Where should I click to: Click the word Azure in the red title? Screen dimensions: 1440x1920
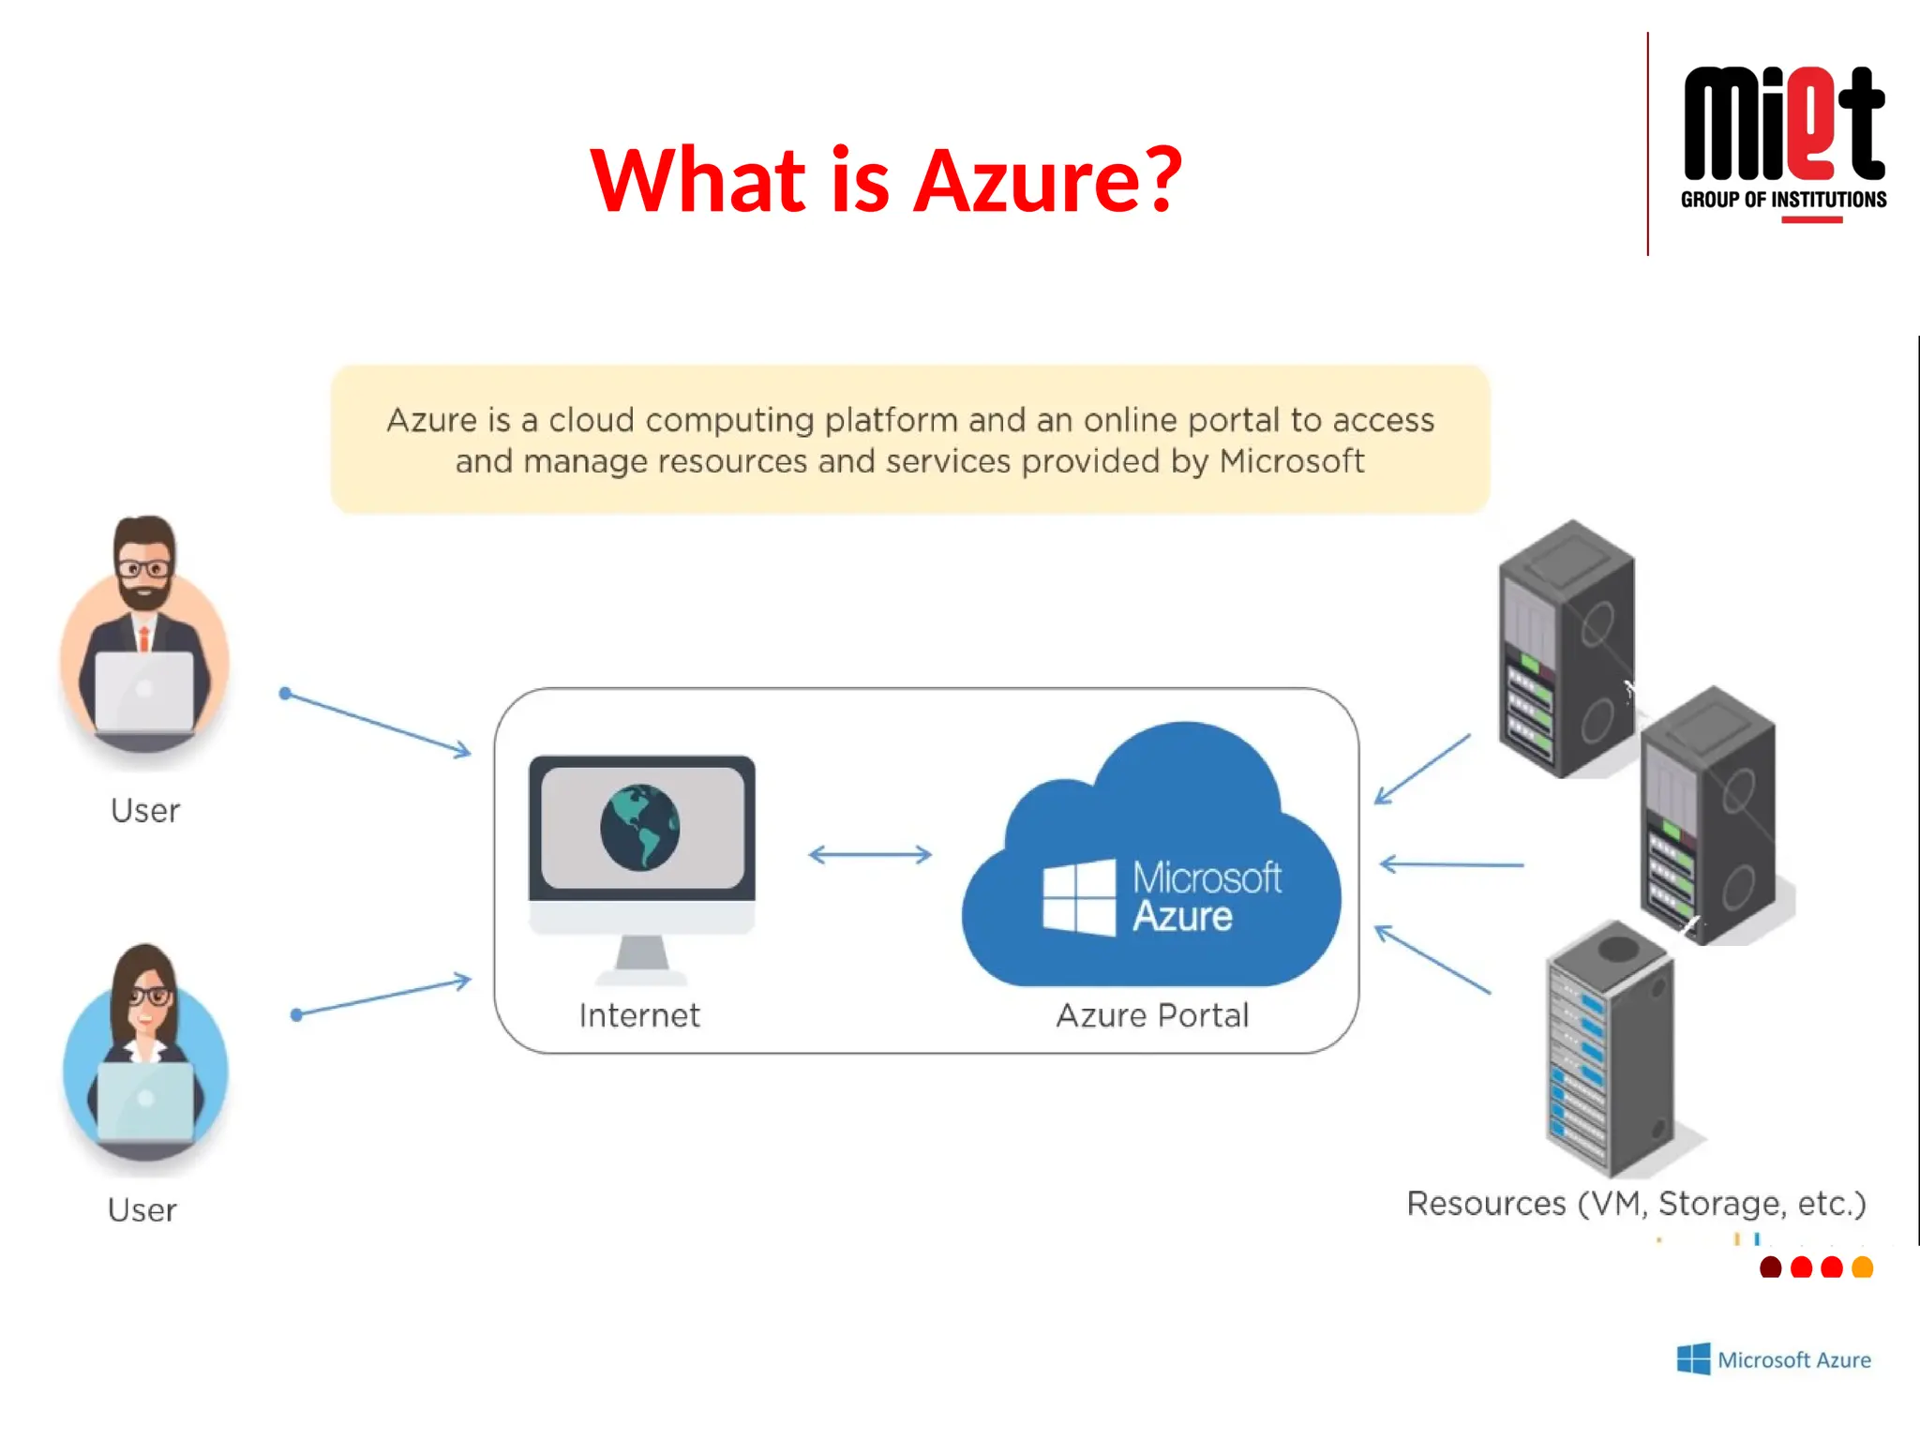click(1027, 180)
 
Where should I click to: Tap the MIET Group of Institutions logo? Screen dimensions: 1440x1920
click(1783, 141)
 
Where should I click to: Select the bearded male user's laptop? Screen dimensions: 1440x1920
click(144, 692)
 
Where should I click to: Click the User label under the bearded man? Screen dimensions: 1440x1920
click(144, 811)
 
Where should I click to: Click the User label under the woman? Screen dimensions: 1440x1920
click(142, 1210)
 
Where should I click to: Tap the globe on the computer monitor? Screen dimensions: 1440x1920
click(640, 827)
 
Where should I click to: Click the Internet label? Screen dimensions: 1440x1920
click(639, 1015)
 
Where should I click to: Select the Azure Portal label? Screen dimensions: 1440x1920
click(1152, 1015)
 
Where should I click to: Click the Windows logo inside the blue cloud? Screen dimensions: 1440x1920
click(1079, 897)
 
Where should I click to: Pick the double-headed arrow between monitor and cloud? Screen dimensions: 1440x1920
click(870, 854)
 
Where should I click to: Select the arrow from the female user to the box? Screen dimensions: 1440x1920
click(382, 997)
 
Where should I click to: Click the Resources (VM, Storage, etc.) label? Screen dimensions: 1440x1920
click(1636, 1203)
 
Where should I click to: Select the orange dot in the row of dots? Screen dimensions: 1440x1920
click(1862, 1267)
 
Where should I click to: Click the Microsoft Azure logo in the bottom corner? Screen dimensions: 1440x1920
click(1773, 1359)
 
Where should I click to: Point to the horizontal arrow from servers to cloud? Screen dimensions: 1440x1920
click(1451, 864)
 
